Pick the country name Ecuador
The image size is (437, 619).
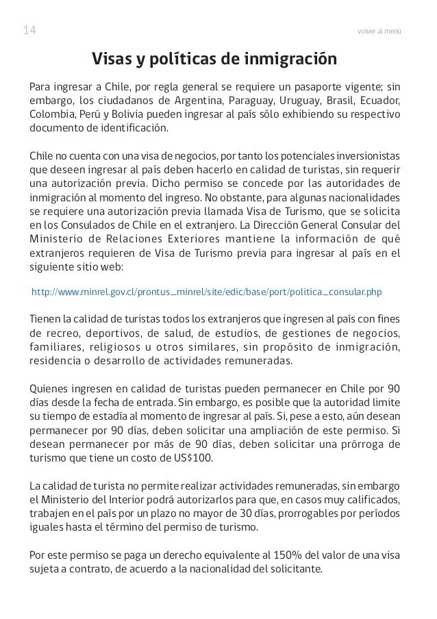384,101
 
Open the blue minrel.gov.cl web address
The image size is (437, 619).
207,292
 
